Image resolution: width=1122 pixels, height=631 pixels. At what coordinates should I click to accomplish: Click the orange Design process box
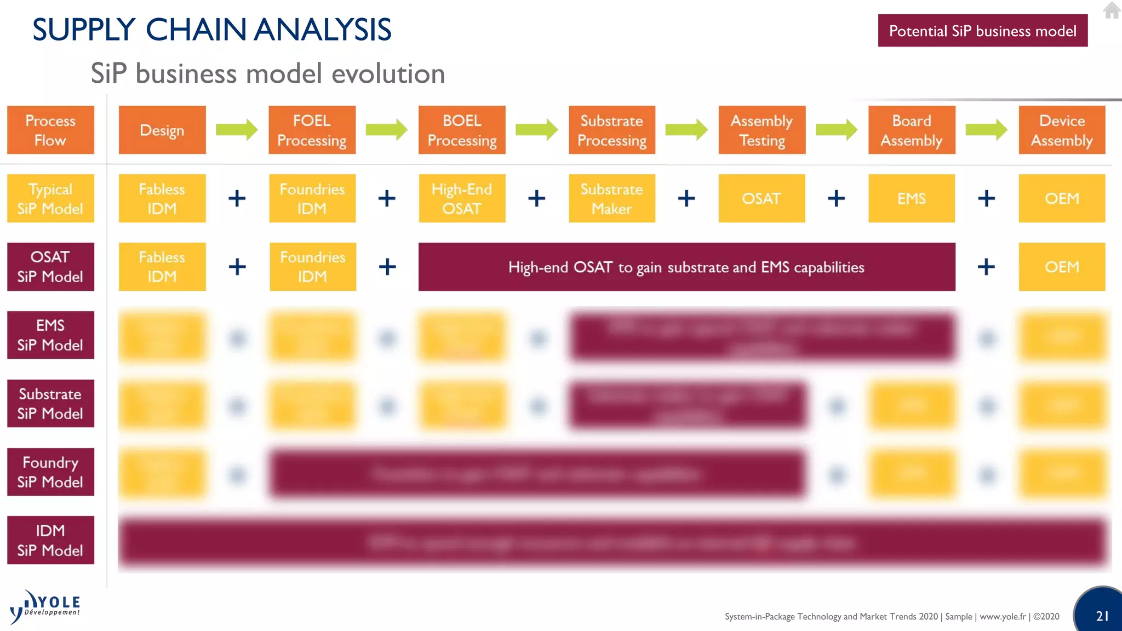click(162, 130)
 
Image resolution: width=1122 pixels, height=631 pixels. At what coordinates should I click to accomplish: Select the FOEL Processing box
click(312, 130)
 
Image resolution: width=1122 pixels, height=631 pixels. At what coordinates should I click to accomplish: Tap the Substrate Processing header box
click(611, 130)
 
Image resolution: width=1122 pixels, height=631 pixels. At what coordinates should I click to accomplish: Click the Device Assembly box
click(1061, 130)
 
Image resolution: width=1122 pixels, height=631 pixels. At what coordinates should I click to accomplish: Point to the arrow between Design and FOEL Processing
click(237, 130)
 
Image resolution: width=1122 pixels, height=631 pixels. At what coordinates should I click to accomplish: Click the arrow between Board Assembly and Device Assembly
click(986, 130)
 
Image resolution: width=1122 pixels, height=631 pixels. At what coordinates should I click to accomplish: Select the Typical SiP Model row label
click(50, 198)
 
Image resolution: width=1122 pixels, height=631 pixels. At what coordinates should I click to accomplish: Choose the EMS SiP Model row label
click(50, 335)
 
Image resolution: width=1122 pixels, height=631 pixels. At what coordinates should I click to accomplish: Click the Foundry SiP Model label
click(50, 472)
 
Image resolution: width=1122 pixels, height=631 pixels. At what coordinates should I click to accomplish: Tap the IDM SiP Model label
click(50, 540)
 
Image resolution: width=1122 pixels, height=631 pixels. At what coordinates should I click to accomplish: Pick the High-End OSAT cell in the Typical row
click(462, 198)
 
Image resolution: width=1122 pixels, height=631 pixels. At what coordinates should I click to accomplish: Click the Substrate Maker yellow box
click(611, 198)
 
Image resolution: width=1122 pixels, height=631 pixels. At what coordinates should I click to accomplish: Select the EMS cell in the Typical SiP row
click(911, 198)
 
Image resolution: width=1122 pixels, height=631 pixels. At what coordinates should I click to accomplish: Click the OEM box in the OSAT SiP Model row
click(1061, 267)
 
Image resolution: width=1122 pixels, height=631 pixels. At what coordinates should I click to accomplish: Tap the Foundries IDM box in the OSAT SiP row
click(312, 267)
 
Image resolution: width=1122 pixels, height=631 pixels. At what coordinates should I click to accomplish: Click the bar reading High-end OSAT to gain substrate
click(686, 267)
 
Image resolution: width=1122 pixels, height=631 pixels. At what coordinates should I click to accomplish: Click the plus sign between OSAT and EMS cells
click(836, 198)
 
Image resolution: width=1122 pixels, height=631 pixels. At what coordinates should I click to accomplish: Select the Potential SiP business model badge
click(982, 31)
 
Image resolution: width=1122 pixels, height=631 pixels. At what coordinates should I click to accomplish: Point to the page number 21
click(1102, 616)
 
